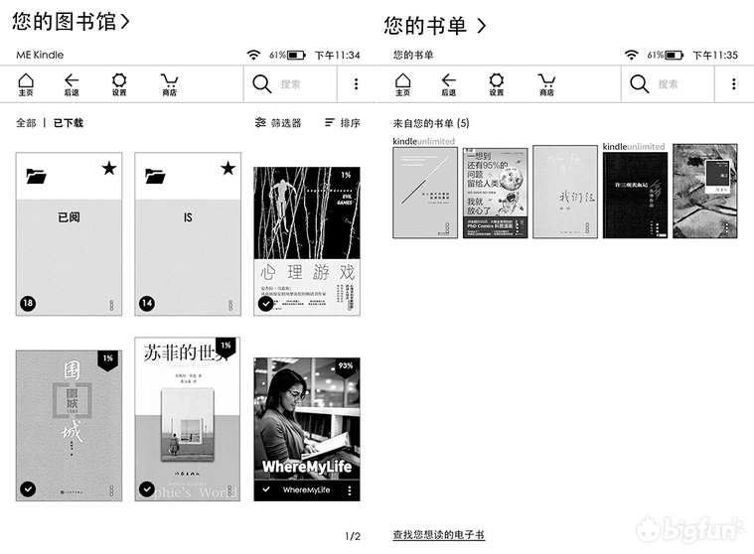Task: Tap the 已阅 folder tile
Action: [69, 234]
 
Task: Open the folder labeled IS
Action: [188, 234]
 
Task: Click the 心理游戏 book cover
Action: [307, 240]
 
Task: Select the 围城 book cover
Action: [69, 425]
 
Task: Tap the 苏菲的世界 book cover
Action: [188, 425]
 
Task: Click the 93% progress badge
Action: [346, 366]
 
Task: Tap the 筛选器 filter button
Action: [278, 123]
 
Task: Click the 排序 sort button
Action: [343, 123]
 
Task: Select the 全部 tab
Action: [26, 123]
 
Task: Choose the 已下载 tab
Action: [69, 123]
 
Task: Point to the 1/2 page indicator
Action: [352, 537]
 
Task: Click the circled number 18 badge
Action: [28, 303]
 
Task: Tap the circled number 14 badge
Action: [147, 303]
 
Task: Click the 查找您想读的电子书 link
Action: [438, 535]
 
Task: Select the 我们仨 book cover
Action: [564, 192]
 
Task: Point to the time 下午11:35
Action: [715, 56]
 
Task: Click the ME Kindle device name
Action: [40, 56]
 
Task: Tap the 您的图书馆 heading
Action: [71, 21]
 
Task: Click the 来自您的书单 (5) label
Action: [431, 123]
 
